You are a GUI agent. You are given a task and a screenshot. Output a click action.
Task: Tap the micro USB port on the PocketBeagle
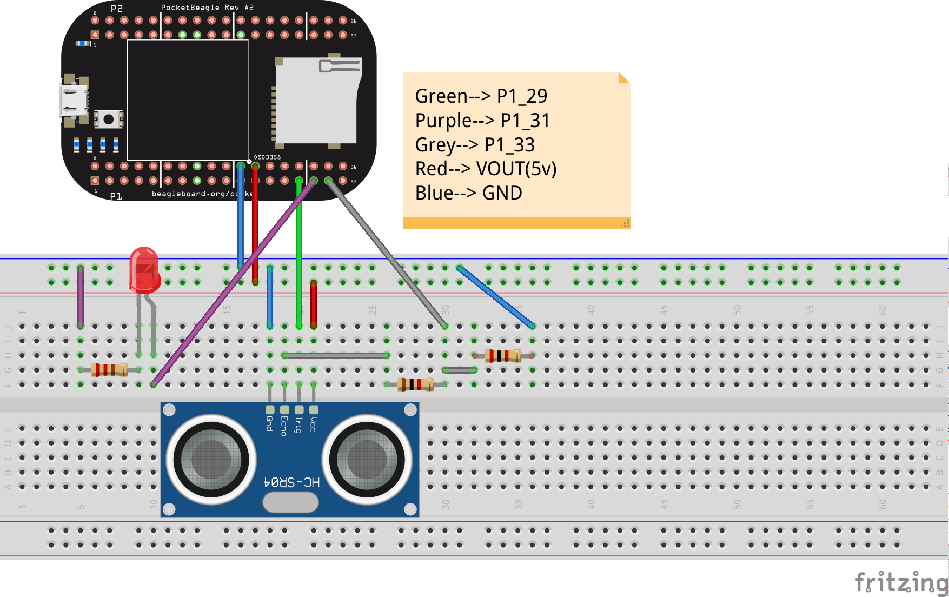(73, 101)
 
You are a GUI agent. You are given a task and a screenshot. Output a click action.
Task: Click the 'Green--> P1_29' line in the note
(481, 96)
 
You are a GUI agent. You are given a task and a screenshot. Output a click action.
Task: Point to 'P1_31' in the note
(525, 121)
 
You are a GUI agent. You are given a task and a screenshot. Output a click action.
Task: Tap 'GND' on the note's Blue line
(502, 193)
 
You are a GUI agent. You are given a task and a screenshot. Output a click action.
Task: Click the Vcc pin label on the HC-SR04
(314, 424)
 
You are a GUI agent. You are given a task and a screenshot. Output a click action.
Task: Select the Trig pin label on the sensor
(298, 425)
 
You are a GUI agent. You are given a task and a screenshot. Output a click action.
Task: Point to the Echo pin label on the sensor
(284, 426)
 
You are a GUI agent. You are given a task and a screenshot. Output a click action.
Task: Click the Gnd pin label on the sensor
(269, 423)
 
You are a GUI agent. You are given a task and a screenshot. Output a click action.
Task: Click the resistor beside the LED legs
(109, 370)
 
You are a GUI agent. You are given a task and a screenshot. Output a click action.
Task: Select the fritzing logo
(901, 583)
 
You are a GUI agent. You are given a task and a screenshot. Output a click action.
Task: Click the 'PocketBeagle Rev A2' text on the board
(207, 8)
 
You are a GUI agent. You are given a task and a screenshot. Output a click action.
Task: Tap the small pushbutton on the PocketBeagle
(108, 119)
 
